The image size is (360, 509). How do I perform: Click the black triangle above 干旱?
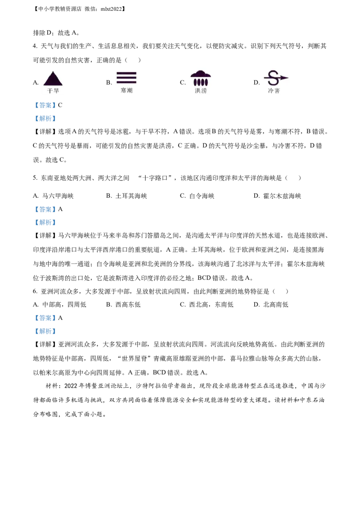(53, 79)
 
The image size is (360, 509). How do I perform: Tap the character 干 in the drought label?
(50, 91)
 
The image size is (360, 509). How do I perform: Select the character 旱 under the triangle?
(56, 91)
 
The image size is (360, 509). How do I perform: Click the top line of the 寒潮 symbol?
(126, 73)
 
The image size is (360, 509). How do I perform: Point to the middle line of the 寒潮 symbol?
(126, 77)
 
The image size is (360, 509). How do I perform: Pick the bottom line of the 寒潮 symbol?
(126, 82)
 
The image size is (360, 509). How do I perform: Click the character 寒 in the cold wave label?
(123, 91)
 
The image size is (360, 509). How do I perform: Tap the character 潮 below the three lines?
(130, 91)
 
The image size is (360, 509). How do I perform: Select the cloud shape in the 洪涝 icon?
(201, 74)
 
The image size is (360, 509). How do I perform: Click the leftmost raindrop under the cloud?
(195, 82)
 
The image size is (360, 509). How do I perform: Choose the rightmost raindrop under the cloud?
(207, 82)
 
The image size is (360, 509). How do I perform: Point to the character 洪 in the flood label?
(198, 91)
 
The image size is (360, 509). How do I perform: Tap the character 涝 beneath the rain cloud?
(204, 91)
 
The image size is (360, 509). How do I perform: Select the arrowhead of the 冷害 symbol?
(284, 78)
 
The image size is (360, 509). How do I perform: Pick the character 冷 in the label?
(271, 91)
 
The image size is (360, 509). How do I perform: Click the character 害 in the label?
(277, 91)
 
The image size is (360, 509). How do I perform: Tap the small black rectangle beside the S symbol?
(257, 82)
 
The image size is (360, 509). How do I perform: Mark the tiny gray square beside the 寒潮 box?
(113, 84)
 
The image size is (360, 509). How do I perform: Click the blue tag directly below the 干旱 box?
(45, 106)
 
